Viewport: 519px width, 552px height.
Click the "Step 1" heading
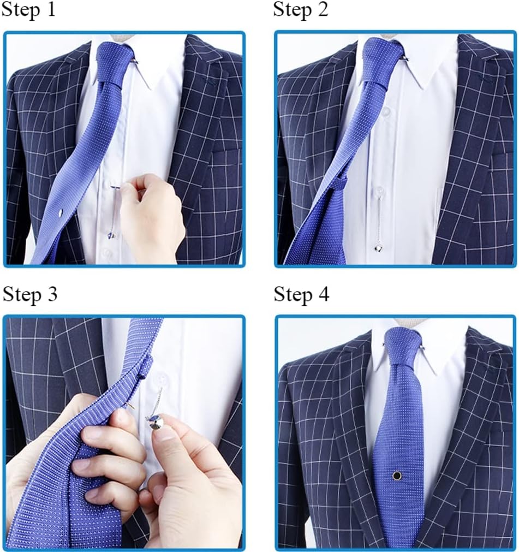coord(28,9)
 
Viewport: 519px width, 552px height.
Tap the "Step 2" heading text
coord(300,9)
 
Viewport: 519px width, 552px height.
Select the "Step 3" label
coord(29,294)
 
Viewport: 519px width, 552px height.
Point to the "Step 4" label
coord(302,294)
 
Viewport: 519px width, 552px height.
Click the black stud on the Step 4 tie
coord(397,476)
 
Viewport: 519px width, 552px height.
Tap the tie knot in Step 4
coord(402,347)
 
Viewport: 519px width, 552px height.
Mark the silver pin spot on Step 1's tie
coord(61,212)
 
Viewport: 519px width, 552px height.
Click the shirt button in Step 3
coord(162,381)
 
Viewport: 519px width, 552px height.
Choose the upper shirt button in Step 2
coord(386,112)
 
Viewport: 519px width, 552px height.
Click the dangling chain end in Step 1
coord(112,235)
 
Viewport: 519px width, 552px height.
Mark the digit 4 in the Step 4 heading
coord(323,294)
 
